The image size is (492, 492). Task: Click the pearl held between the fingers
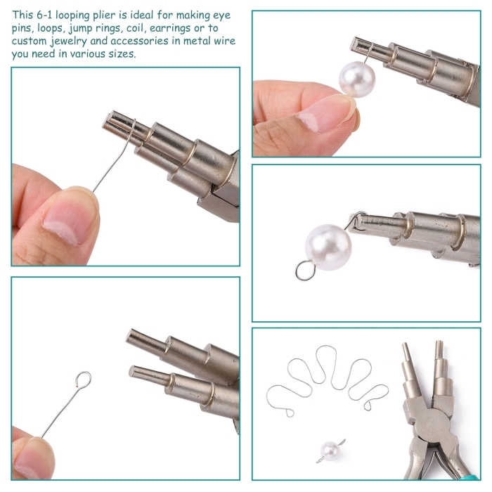coord(357,79)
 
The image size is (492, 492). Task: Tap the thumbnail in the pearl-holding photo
coord(326,114)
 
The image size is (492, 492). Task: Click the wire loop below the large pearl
coord(305,270)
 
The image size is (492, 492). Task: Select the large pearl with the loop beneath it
coord(328,247)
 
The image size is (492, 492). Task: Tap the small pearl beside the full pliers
coord(330,451)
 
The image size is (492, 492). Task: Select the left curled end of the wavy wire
coord(289,413)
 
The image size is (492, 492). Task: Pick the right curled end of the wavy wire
coord(368,406)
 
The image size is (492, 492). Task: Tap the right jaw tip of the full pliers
coord(439,343)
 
